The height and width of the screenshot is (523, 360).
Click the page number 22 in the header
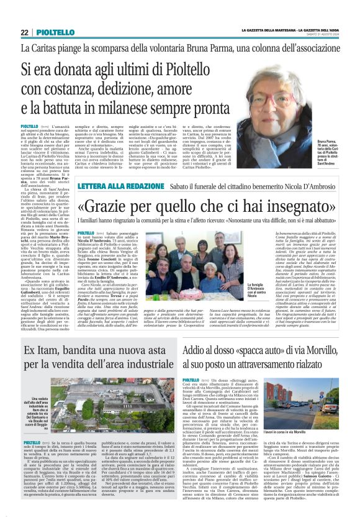[x=24, y=32]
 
